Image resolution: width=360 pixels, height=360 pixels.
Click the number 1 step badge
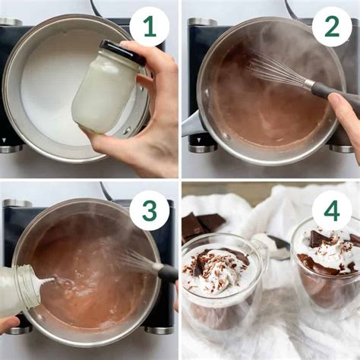150,27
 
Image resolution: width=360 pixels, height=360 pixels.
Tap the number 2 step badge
332,27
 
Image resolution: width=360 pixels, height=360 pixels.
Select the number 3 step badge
150,210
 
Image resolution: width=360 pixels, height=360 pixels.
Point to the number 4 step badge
332,210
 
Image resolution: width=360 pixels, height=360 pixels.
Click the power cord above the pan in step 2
290,10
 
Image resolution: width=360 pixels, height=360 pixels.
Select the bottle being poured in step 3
19,289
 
